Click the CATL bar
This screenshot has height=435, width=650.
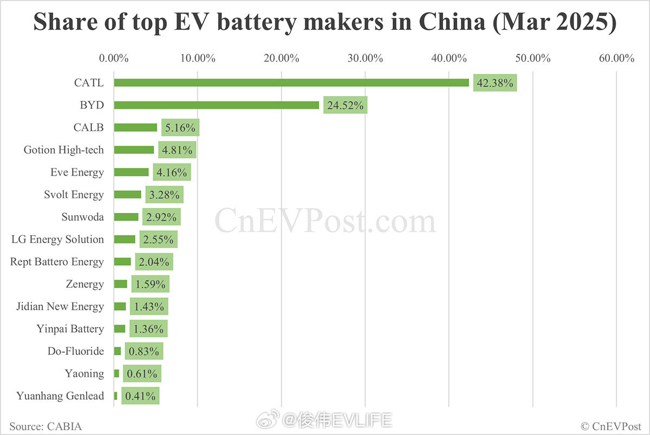[291, 83]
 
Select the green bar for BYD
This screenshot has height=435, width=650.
[216, 105]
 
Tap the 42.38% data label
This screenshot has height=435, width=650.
[495, 83]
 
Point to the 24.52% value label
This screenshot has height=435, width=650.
[345, 105]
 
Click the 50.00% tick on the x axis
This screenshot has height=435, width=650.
[532, 58]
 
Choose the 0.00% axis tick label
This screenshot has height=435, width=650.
[114, 58]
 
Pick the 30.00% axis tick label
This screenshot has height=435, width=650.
[365, 58]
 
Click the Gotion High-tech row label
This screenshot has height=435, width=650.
[63, 150]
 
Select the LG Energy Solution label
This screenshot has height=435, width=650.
[57, 239]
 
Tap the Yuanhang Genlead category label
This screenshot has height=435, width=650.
[60, 396]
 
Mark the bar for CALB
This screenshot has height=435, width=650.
[135, 127]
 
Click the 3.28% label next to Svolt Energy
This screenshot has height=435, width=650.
[164, 194]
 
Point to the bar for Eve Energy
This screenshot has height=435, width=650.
[131, 172]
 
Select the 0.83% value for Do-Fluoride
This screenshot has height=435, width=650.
[144, 351]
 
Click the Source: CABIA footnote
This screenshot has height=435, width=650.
[45, 426]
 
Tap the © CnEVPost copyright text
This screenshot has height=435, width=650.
[610, 426]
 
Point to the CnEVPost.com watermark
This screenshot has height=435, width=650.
[325, 222]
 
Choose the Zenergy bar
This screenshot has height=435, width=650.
[120, 284]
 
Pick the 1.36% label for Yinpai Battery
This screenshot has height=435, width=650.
[148, 329]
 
